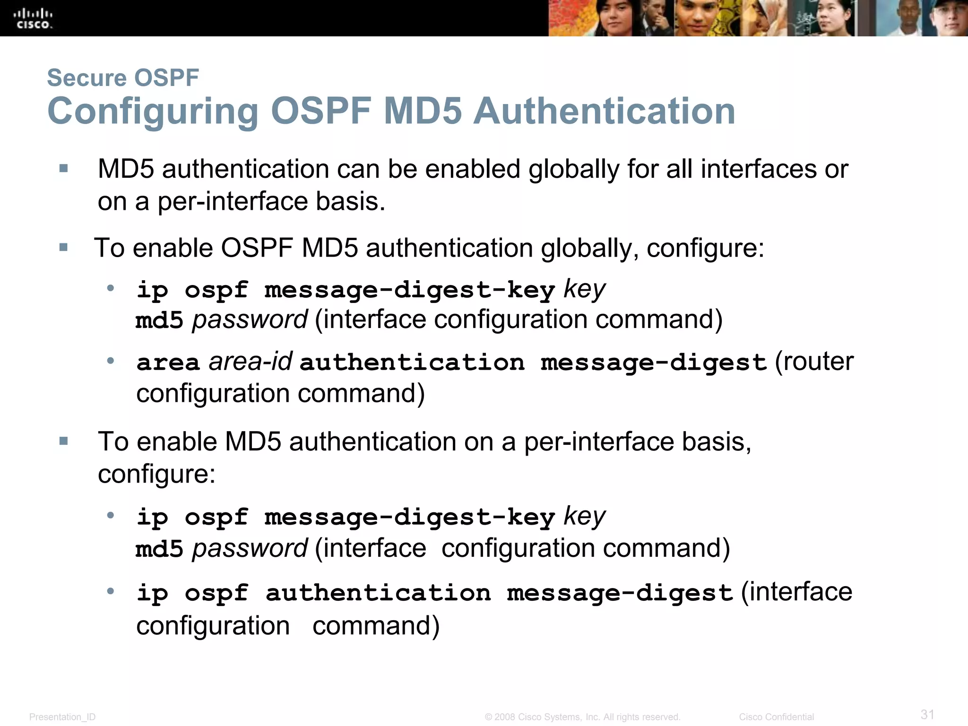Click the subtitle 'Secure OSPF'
pos(123,78)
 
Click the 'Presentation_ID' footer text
pos(62,717)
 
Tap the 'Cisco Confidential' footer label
pos(776,717)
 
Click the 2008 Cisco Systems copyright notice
pos(582,717)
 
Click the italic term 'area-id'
pos(251,362)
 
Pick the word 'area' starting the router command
pos(168,363)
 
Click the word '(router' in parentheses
pos(814,362)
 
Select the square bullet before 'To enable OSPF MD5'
pos(64,247)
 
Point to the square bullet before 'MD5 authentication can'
pos(64,168)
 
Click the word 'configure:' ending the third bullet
pos(156,474)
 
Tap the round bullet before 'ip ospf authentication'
pos(111,591)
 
